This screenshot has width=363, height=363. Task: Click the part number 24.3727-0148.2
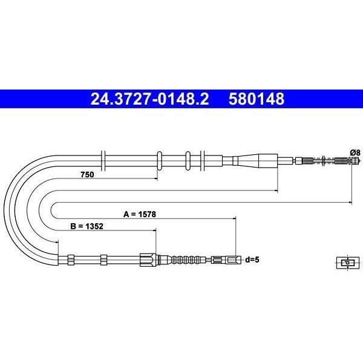[x=149, y=99]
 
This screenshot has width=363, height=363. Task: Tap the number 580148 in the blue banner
[x=257, y=99]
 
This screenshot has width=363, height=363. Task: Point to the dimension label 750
[x=87, y=174]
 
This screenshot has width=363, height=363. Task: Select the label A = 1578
[x=140, y=214]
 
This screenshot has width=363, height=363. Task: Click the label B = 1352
[x=87, y=226]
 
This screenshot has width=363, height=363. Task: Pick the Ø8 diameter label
[x=355, y=153]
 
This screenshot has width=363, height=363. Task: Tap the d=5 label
[x=252, y=260]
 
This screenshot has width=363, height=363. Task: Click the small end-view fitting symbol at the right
[x=348, y=263]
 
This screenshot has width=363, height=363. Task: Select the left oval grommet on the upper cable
[x=160, y=160]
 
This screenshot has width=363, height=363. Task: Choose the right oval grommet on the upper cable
[x=188, y=160]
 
